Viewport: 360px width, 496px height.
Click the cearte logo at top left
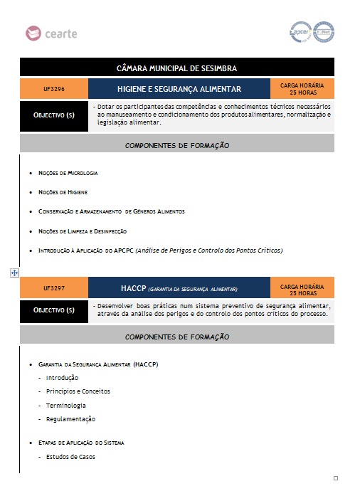[x=51, y=33]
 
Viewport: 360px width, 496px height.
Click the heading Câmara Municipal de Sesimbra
[x=176, y=68]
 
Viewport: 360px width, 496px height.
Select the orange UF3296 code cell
[x=54, y=90]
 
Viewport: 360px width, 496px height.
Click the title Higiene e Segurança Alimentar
[x=179, y=90]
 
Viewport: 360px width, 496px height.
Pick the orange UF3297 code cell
[x=54, y=288]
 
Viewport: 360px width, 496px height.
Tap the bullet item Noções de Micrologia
[x=68, y=174]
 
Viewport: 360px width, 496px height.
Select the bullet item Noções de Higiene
[x=63, y=192]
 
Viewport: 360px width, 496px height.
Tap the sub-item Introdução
[x=62, y=378]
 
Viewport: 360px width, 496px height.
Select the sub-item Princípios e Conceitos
[x=78, y=391]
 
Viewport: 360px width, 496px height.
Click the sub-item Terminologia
[x=66, y=405]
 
